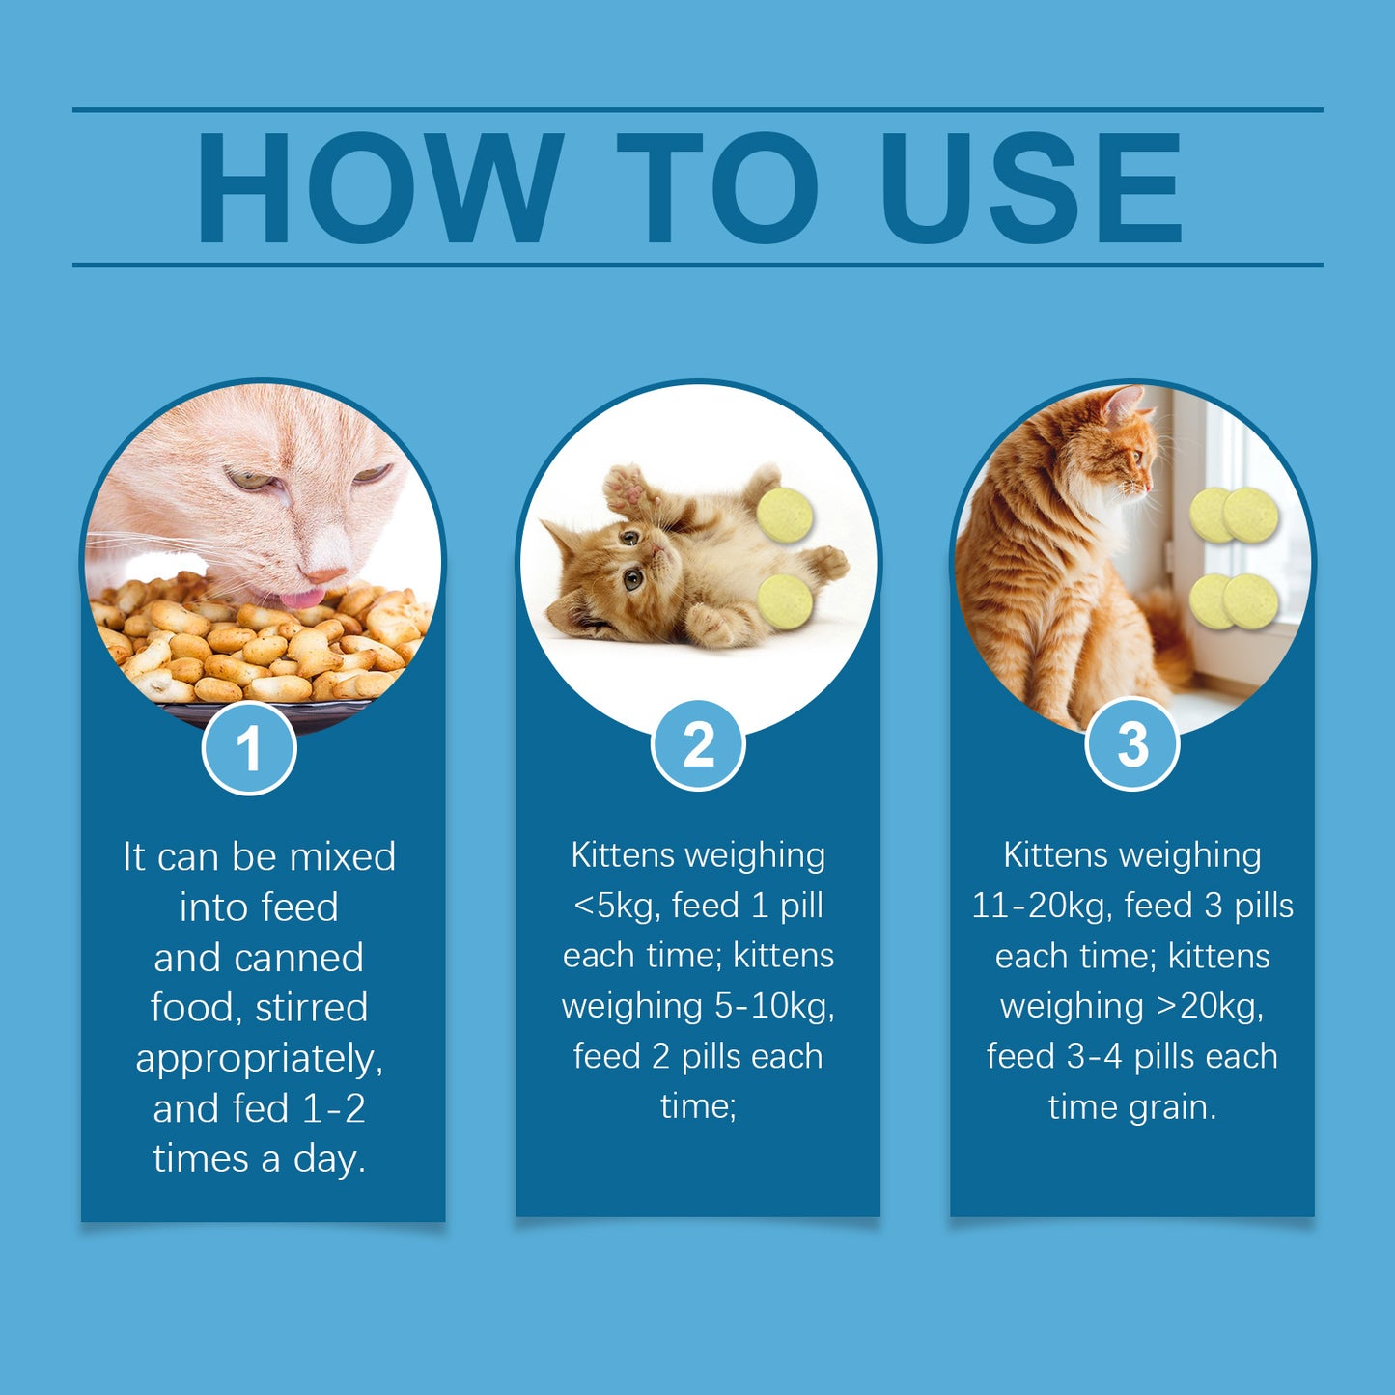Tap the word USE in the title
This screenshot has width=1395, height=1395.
(x=1030, y=187)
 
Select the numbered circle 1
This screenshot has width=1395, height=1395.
(x=249, y=748)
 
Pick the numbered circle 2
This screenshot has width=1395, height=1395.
(x=698, y=744)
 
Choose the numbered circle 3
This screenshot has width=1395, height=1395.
(x=1132, y=744)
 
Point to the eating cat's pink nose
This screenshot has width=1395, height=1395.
(x=326, y=575)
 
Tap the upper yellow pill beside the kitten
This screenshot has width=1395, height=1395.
(x=785, y=515)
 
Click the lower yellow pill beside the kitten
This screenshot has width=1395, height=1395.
(x=785, y=601)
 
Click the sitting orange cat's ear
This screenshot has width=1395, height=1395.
(x=1122, y=404)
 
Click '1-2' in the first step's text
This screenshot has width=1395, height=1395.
(x=334, y=1108)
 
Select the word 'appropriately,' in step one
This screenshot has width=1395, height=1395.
(x=259, y=1059)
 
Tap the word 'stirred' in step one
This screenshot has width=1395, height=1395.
(x=311, y=1008)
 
